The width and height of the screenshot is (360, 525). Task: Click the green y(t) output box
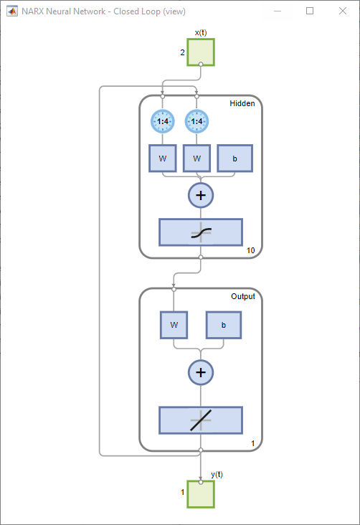(201, 493)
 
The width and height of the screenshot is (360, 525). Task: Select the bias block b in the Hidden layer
(235, 159)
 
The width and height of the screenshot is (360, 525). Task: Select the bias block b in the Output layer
(223, 325)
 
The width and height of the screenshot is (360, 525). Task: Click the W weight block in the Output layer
(174, 325)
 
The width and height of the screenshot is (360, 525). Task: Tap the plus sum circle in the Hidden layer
(201, 194)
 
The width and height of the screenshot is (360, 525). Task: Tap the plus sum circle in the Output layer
(201, 372)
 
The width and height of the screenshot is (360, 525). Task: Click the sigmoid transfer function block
(201, 232)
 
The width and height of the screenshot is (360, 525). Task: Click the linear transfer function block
(201, 420)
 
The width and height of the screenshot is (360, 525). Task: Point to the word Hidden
(242, 104)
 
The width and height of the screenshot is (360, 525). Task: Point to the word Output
(242, 296)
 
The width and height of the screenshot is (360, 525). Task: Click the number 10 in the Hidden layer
(250, 250)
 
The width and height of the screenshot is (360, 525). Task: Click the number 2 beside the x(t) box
(182, 52)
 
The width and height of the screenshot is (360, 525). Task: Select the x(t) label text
(201, 32)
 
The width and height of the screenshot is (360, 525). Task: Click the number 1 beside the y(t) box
(182, 492)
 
